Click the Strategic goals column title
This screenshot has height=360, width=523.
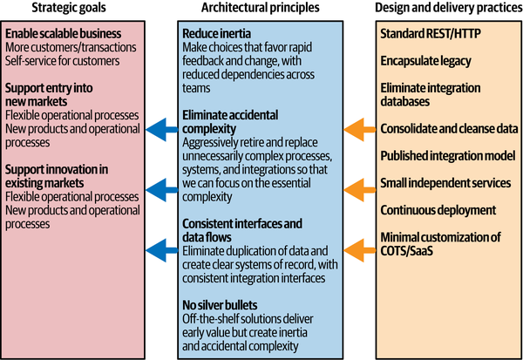click(x=69, y=9)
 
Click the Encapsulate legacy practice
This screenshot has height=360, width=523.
click(x=425, y=60)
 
